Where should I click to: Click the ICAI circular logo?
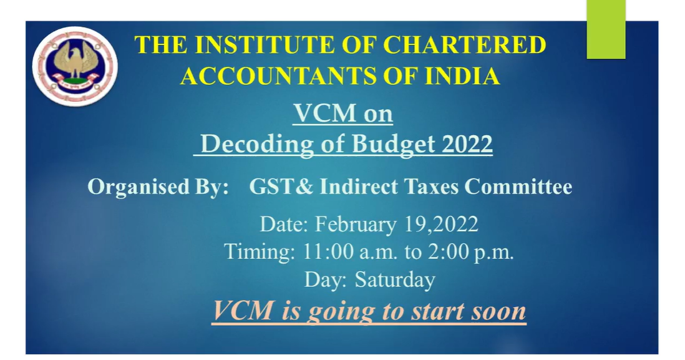tap(75, 66)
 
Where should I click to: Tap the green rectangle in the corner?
tap(606, 29)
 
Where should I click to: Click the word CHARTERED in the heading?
tap(464, 45)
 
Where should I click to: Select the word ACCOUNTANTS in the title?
tap(278, 76)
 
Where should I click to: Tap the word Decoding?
tap(257, 144)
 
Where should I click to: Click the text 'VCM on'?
tap(343, 113)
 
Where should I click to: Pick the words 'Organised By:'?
tap(158, 187)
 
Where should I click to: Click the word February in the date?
tap(356, 225)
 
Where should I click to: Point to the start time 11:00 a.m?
tap(349, 251)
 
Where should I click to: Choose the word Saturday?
tap(395, 280)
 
